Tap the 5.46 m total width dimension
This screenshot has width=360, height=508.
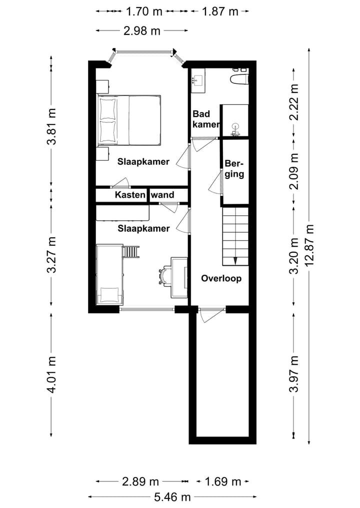172,497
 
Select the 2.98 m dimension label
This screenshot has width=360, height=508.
142,31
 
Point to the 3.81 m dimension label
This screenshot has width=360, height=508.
52,126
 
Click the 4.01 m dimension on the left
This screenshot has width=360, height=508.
52,375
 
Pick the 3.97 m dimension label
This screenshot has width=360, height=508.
294,374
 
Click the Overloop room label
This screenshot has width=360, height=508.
221,279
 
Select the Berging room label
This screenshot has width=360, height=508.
234,169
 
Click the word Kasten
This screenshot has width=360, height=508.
130,195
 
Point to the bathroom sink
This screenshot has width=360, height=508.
197,80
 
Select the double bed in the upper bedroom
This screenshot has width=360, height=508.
129,120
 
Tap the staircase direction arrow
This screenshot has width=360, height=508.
235,261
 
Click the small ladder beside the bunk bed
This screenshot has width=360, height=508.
131,252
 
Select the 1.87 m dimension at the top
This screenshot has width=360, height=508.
220,11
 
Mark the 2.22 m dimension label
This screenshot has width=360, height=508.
294,102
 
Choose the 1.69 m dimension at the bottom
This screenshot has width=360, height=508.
223,482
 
